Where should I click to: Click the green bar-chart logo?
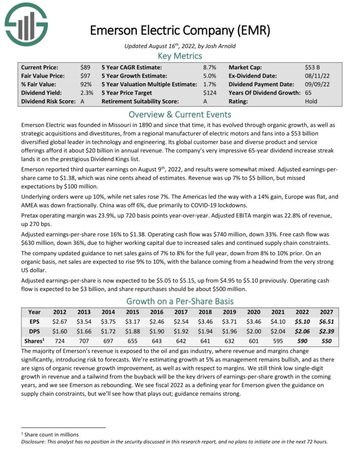tap(26, 25)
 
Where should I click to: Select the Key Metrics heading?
tap(179, 56)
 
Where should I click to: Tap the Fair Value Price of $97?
tap(85, 76)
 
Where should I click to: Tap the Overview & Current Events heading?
tap(179, 114)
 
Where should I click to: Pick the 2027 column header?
tap(326, 312)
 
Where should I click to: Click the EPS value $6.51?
tap(326, 321)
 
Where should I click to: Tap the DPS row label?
tap(34, 331)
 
